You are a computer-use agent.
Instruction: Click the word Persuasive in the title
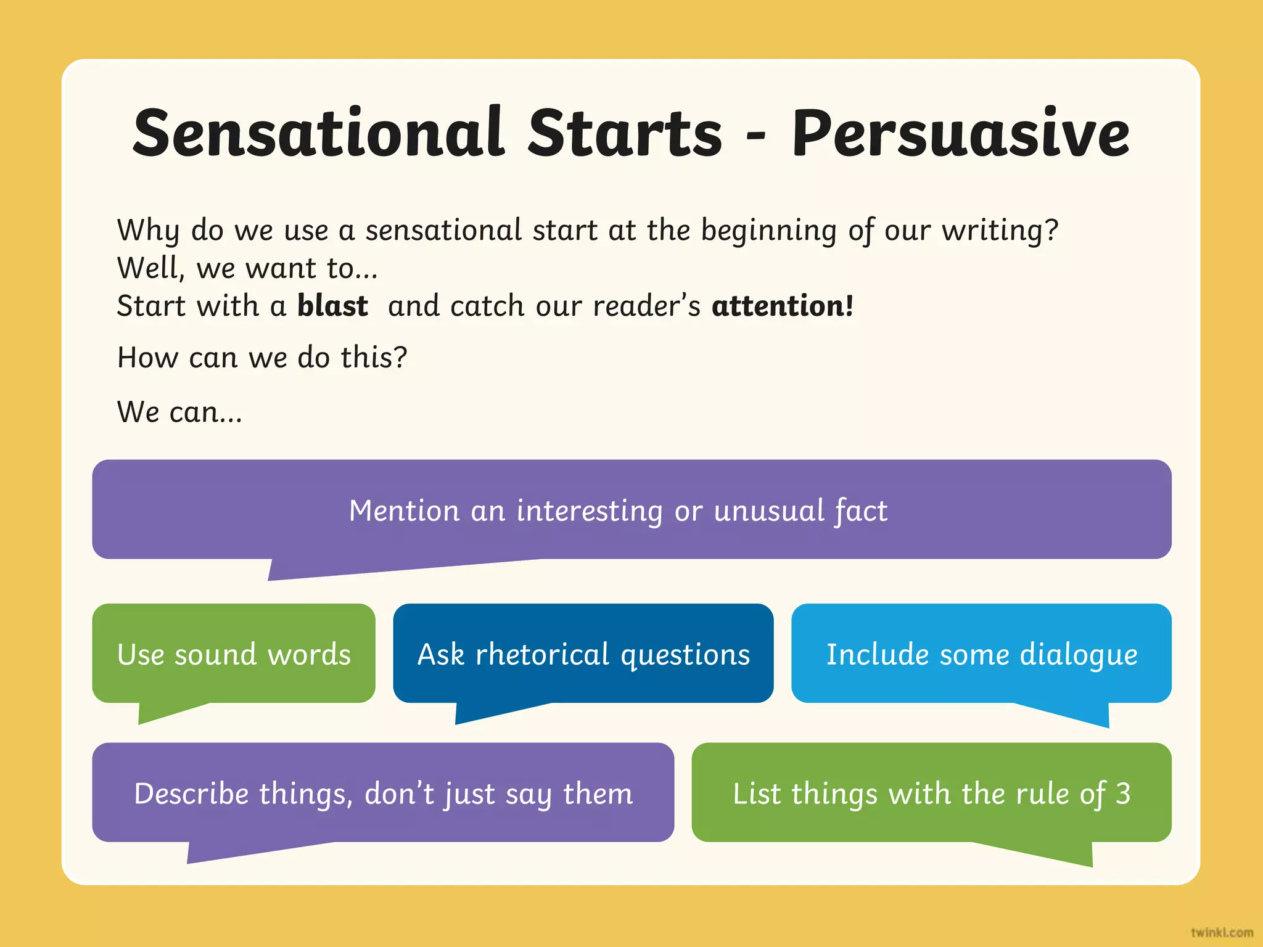tap(960, 133)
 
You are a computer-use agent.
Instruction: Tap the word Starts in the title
tap(624, 133)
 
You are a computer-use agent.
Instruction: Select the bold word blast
tap(332, 306)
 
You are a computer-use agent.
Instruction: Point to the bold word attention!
tap(783, 306)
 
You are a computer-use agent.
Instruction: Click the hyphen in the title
tap(755, 136)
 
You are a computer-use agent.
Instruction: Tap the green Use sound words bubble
tap(234, 654)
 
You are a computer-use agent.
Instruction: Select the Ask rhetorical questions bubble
tap(583, 654)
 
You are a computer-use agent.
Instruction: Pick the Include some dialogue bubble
tap(981, 654)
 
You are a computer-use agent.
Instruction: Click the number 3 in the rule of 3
tap(1123, 793)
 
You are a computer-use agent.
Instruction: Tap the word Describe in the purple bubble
tap(191, 793)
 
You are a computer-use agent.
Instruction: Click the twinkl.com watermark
tap(1222, 932)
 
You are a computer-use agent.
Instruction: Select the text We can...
tap(179, 412)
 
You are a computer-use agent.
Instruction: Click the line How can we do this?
tap(262, 358)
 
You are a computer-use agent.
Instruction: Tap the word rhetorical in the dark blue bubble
tap(542, 654)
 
